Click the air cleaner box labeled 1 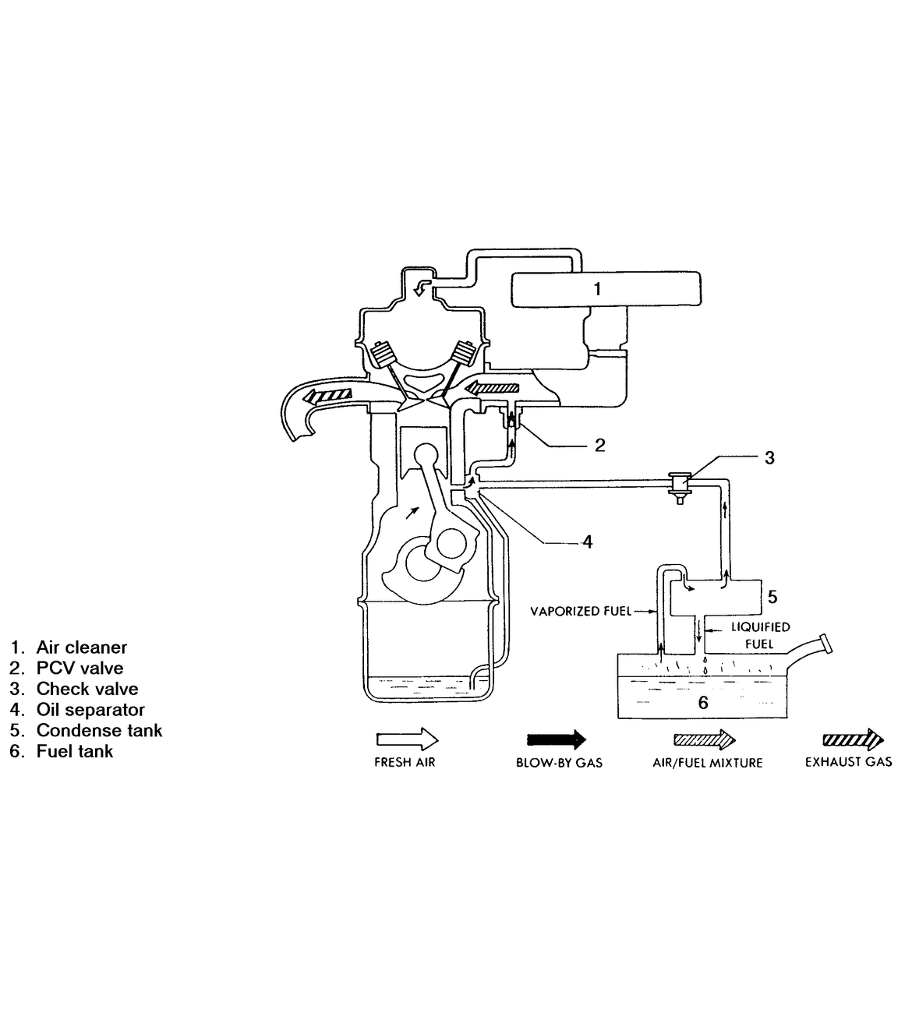point(606,289)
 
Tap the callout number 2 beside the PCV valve point(599,445)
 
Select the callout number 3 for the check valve point(769,457)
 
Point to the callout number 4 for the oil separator point(588,542)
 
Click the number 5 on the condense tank point(772,597)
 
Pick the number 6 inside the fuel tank point(703,702)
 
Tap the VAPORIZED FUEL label point(581,611)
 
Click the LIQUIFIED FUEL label point(760,636)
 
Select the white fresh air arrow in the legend point(407,739)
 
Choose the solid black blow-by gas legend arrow point(557,739)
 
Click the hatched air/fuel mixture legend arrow point(705,739)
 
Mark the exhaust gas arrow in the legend point(853,739)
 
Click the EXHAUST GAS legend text point(849,763)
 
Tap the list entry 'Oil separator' point(90,710)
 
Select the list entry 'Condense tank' point(99,731)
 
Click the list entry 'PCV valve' point(80,668)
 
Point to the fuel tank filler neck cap point(826,643)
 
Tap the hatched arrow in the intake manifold point(493,388)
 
